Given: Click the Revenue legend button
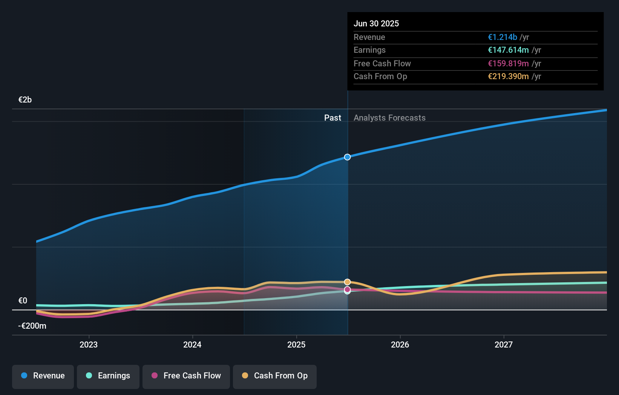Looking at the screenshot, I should tap(43, 376).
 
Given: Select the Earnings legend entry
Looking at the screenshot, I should tap(108, 376).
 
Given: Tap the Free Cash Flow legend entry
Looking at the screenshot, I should tap(186, 376).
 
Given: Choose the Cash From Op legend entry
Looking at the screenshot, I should tap(275, 376).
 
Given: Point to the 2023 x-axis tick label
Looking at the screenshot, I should tap(89, 344).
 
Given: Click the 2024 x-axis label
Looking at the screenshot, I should tap(192, 344).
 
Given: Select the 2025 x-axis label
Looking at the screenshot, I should tap(296, 344).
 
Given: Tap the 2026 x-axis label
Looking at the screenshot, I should tap(400, 344).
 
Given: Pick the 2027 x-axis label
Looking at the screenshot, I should tap(504, 344).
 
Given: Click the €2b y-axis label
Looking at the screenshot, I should tap(25, 100).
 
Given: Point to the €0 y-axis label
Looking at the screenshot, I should tap(23, 301).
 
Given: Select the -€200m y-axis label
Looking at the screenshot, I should tap(32, 326).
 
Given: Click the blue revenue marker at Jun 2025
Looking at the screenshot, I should tap(347, 157).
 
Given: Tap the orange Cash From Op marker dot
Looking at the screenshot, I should tap(347, 282).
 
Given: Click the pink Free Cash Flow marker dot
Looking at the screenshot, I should tap(347, 289).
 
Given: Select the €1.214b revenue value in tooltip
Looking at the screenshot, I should tap(502, 37).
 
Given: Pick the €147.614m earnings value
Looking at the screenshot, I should tap(508, 50).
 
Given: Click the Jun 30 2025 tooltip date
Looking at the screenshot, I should tap(376, 24).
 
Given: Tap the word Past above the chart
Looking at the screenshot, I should tap(332, 118).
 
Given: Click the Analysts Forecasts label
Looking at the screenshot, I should tap(389, 118).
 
